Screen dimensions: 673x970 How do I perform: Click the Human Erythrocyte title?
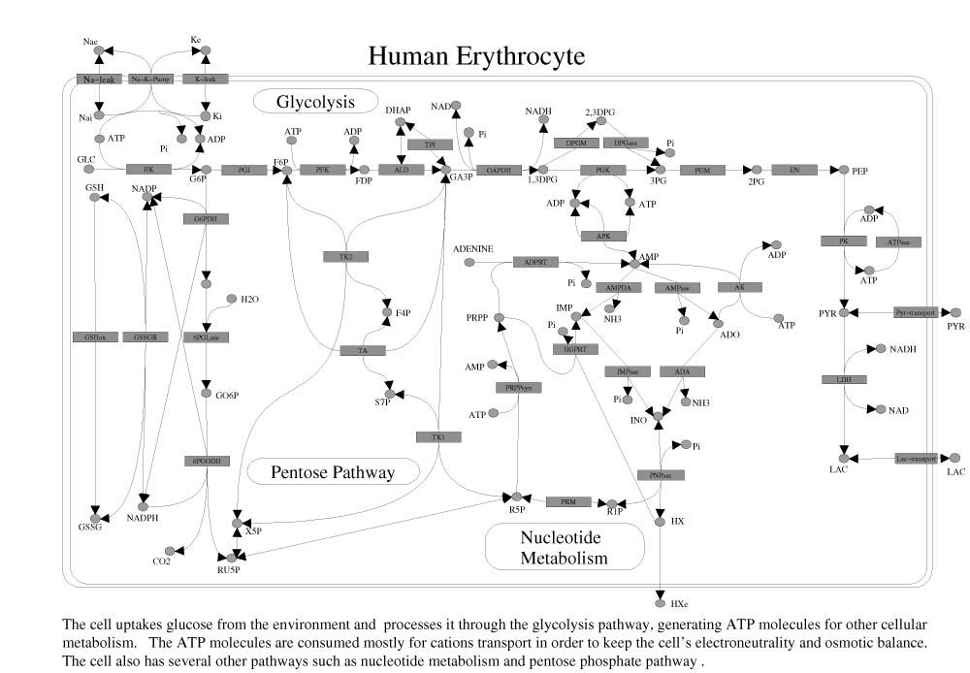tap(476, 55)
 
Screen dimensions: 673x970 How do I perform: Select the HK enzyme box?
tap(149, 169)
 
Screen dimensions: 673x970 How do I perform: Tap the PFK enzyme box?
tap(317, 169)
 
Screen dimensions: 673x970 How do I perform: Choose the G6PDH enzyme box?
tap(206, 219)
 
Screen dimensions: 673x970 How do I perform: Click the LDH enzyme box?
tap(844, 378)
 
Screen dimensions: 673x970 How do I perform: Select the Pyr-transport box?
tap(915, 312)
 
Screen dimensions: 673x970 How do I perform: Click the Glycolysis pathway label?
tap(315, 101)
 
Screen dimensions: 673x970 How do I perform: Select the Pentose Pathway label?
tap(334, 472)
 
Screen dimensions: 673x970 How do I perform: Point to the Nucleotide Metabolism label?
tap(564, 547)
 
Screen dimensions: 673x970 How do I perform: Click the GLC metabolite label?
tap(85, 157)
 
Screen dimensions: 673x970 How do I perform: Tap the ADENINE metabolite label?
tap(473, 249)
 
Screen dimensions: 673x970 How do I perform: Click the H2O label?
tap(250, 299)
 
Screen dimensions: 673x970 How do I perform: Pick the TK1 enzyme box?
tap(438, 437)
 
